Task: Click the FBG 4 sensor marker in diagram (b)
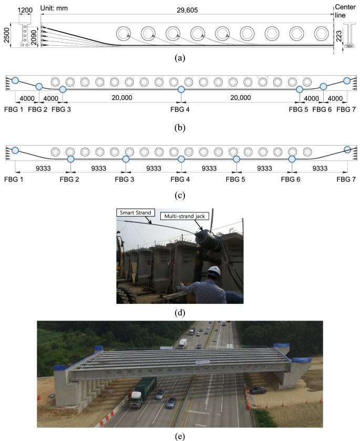(x=181, y=90)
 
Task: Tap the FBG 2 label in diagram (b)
(x=39, y=109)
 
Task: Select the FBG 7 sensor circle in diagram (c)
(x=347, y=150)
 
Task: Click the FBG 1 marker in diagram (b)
(x=15, y=80)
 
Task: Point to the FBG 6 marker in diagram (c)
(x=292, y=159)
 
